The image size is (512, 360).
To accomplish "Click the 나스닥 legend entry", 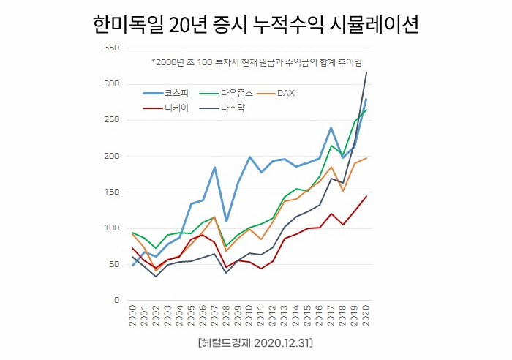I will tap(235, 109).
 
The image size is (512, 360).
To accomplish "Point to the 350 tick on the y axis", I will tap(111, 48).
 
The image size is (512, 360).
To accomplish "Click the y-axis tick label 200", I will tap(111, 156).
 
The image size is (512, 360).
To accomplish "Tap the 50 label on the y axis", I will tap(113, 264).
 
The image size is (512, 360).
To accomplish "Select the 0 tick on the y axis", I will tap(116, 300).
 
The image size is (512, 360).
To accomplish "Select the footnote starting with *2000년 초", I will tap(256, 61).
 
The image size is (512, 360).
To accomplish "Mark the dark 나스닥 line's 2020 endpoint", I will tap(366, 72).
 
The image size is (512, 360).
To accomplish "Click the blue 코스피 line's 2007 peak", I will tap(214, 168).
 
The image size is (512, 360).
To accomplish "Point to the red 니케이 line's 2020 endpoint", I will tap(366, 196).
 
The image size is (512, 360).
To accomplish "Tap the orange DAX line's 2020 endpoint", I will tap(366, 158).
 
